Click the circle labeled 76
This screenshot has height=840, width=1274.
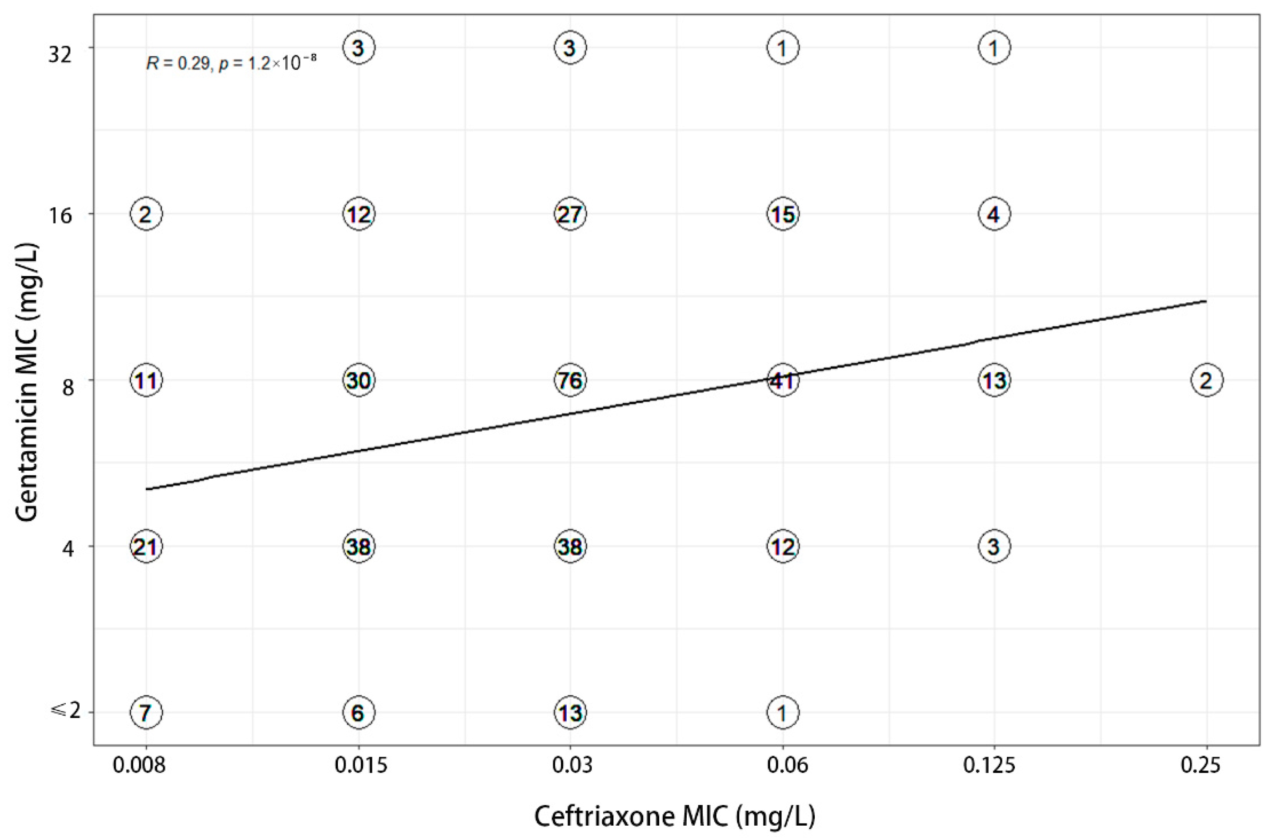pos(570,380)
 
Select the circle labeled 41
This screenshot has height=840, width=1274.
pos(782,380)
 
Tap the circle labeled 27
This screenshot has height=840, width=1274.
pos(570,214)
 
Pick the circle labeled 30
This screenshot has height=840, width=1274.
pos(359,380)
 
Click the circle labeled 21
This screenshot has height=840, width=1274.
pos(146,547)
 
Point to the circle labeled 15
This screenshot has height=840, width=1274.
pos(782,214)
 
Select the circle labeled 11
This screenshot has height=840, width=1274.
pos(146,380)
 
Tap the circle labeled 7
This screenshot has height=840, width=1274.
pos(146,713)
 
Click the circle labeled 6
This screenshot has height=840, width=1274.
pos(359,713)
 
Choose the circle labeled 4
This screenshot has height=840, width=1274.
pos(994,214)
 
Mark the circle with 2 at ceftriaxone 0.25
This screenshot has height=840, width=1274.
pos(1207,380)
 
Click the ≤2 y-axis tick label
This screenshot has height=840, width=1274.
pos(65,712)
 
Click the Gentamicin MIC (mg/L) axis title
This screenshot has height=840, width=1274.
pos(27,383)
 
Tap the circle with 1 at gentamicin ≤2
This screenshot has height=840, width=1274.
pos(782,713)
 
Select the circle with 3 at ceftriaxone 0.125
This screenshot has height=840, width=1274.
pos(994,547)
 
